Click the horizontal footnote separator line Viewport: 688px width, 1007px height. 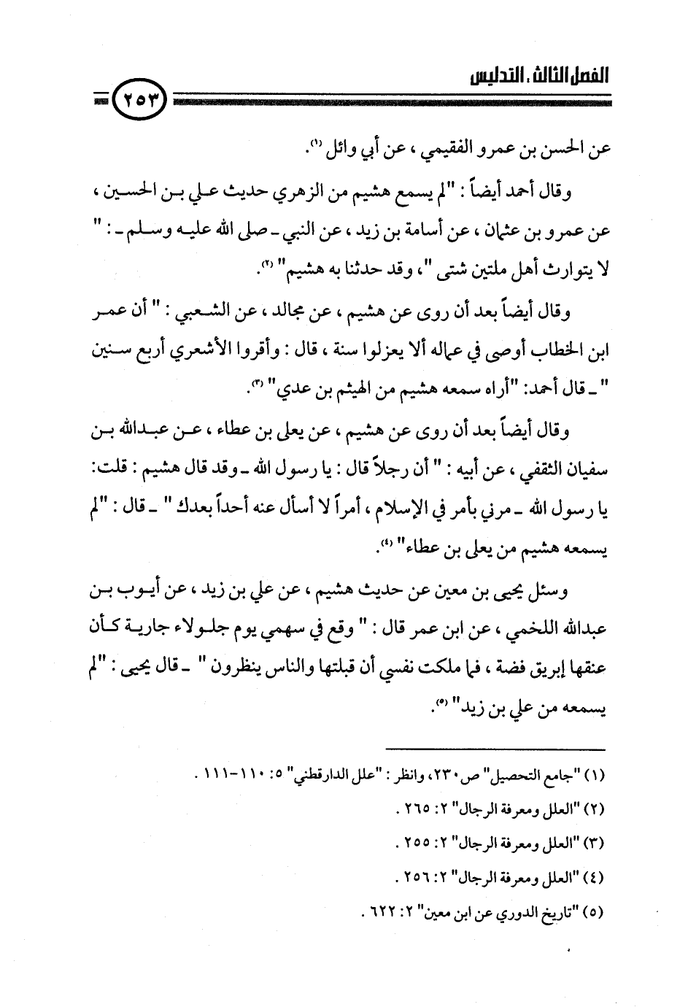coord(496,748)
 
